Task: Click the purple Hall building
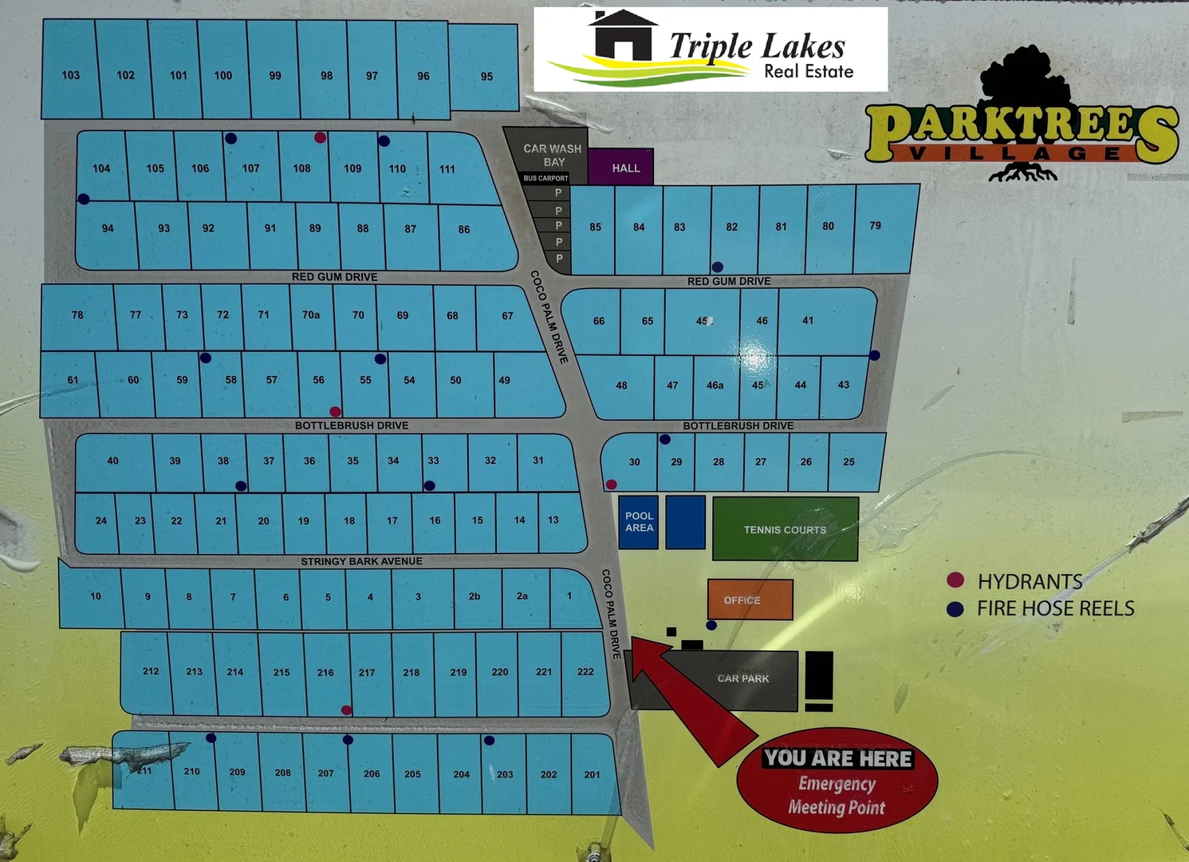pyautogui.click(x=621, y=168)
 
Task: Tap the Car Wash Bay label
pyautogui.click(x=552, y=155)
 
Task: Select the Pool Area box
pyautogui.click(x=639, y=522)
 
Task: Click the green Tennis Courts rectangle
pyautogui.click(x=785, y=528)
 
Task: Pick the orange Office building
pyautogui.click(x=750, y=599)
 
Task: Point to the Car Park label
pyautogui.click(x=742, y=678)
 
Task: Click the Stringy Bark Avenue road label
pyautogui.click(x=361, y=561)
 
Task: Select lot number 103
pyautogui.click(x=70, y=75)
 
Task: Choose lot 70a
pyautogui.click(x=310, y=315)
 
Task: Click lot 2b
pyautogui.click(x=474, y=596)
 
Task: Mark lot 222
pyautogui.click(x=585, y=671)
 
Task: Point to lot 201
pyautogui.click(x=592, y=774)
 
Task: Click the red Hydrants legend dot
pyautogui.click(x=955, y=580)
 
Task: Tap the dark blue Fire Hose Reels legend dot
pyautogui.click(x=955, y=608)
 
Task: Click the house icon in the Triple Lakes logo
pyautogui.click(x=622, y=36)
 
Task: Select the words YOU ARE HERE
pyautogui.click(x=837, y=758)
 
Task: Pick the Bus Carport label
pyautogui.click(x=545, y=178)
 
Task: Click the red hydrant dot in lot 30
pyautogui.click(x=611, y=484)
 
